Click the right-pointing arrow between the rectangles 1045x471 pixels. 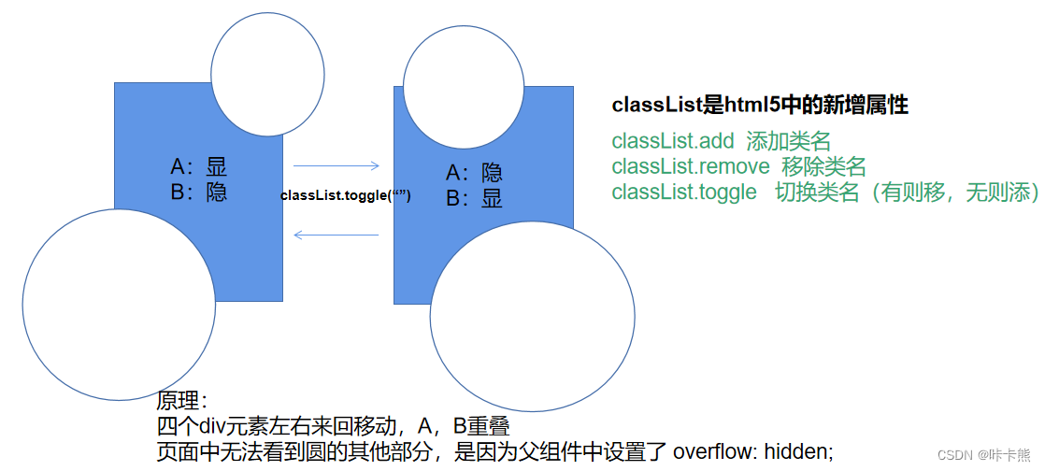(336, 166)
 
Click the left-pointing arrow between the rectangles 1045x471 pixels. (336, 235)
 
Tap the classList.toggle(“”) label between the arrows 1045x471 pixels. (346, 196)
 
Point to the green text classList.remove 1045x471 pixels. (691, 166)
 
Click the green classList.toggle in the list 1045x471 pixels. (684, 192)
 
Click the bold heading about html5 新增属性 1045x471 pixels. (760, 106)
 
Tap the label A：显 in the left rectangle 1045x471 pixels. (198, 166)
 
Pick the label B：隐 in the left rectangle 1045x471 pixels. (198, 192)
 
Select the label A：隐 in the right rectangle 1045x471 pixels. (474, 174)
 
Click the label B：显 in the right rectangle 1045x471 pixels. (474, 199)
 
